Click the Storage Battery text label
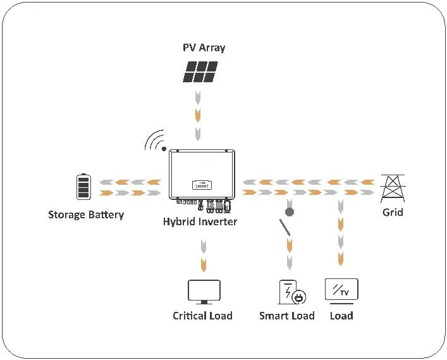[86, 214]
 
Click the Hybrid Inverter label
[200, 221]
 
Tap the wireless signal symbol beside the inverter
[155, 141]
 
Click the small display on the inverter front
[200, 185]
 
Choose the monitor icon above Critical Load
[204, 292]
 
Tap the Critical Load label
[202, 315]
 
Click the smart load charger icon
[291, 292]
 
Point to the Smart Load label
[286, 315]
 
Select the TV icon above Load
[341, 290]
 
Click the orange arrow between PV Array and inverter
[199, 115]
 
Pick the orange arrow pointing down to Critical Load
[204, 263]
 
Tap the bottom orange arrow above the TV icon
[341, 258]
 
